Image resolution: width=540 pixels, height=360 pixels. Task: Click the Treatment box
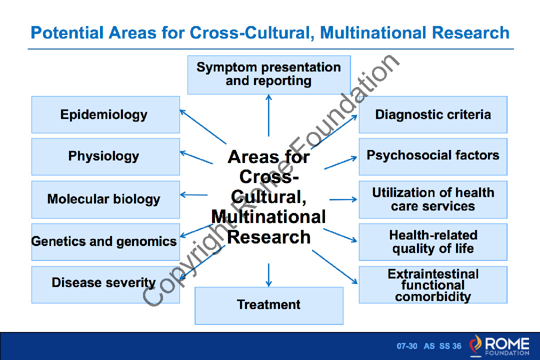click(269, 305)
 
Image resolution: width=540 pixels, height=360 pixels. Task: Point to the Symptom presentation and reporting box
click(269, 74)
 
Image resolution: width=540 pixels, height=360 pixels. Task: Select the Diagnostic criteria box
click(433, 114)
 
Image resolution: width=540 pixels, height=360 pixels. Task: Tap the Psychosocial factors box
click(433, 156)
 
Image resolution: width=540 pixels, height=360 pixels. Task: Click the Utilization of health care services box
click(433, 199)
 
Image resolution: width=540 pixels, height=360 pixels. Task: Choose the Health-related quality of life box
click(433, 242)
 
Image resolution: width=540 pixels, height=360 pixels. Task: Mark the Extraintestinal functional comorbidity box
click(433, 285)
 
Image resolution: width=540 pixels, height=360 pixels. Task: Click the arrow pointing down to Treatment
click(269, 274)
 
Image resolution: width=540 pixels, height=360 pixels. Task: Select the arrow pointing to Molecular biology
click(193, 194)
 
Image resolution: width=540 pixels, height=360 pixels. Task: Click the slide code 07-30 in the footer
click(407, 346)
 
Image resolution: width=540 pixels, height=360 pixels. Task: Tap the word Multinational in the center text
click(268, 217)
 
